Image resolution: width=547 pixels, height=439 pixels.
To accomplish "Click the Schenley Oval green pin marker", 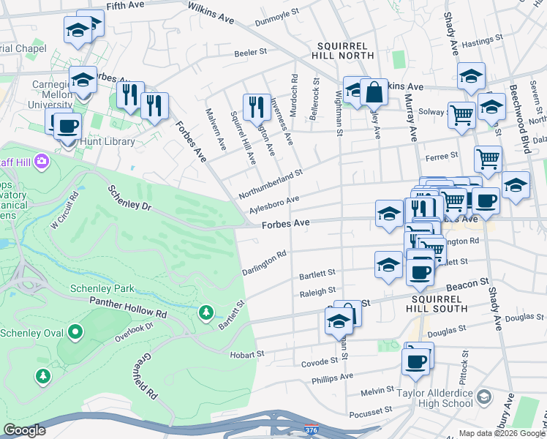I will pos(75,333).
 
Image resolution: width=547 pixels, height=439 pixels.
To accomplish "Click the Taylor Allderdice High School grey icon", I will pos(483,396).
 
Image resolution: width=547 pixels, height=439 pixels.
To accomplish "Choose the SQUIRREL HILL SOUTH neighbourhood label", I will pos(439,304).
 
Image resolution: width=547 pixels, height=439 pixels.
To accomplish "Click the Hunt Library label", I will pos(108,141).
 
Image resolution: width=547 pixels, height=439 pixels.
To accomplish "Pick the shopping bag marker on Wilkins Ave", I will pos(374,92).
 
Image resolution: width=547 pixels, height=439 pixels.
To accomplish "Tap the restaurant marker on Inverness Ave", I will pos(256,107).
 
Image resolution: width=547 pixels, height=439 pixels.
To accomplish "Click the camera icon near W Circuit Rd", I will pos(42,160).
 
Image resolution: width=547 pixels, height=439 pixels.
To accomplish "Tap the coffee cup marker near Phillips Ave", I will pos(415,361).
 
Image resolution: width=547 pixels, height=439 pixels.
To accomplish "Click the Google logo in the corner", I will pos(25,430).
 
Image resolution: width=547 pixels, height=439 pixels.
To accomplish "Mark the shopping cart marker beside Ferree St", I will pos(487,158).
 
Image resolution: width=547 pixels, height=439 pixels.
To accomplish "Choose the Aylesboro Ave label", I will pos(274,205).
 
